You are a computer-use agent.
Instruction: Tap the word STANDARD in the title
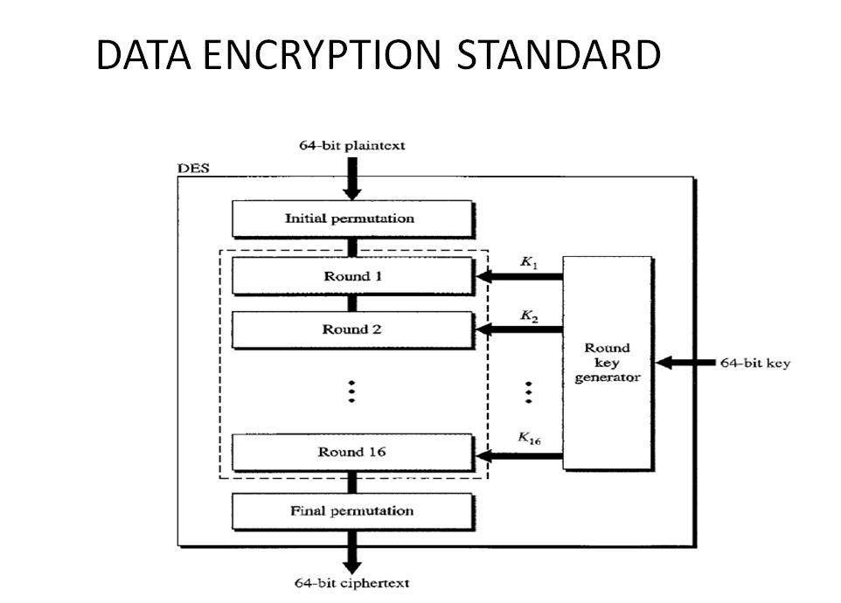coord(560,56)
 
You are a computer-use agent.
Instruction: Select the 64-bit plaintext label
coord(352,146)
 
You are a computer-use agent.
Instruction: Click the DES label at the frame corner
coord(193,169)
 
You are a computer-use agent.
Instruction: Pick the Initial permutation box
coord(351,218)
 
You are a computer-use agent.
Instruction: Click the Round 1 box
coord(351,276)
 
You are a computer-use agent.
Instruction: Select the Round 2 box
coord(351,329)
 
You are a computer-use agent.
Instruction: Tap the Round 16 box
coord(351,452)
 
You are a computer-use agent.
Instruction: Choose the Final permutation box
coord(351,511)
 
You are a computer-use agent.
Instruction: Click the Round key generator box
coord(608,363)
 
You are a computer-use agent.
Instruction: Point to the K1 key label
coord(528,263)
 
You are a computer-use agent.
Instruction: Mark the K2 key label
coord(528,316)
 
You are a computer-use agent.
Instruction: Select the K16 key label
coord(529,439)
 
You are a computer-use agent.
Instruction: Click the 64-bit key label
coord(754,363)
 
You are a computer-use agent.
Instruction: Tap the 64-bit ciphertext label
coord(351,583)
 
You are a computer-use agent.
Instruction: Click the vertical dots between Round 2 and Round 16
coord(351,391)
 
